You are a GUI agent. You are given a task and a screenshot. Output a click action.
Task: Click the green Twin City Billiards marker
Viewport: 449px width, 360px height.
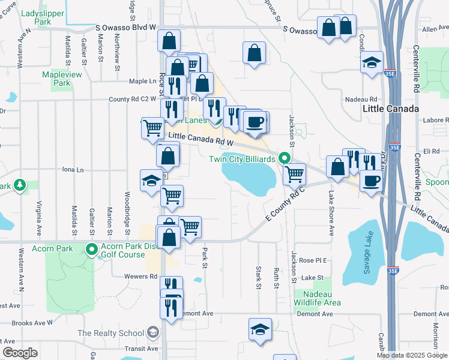285,158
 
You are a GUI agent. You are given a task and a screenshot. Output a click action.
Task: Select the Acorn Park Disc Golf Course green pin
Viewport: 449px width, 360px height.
92,248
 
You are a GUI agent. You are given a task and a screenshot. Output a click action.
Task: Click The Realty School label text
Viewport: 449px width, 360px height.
110,333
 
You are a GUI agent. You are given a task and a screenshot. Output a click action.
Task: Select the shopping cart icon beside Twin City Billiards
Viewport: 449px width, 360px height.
294,174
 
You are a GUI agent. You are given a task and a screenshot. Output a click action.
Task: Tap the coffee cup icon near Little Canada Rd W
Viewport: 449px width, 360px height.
256,122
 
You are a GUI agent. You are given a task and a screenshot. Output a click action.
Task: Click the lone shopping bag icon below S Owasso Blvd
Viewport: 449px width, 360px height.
255,52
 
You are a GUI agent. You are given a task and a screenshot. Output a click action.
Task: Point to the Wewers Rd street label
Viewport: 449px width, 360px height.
140,277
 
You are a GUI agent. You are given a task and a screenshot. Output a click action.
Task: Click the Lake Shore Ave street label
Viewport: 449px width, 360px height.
331,214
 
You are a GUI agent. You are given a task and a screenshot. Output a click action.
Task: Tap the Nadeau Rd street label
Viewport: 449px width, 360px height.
361,99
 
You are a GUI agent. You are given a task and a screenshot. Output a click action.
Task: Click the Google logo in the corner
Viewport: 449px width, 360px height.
20,353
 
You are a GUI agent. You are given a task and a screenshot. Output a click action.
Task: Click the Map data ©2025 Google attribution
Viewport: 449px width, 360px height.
412,355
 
